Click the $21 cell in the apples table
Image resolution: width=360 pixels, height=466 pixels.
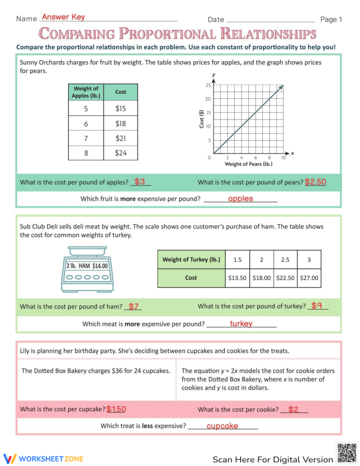pyautogui.click(x=120, y=138)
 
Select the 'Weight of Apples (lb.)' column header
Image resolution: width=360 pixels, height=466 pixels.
pyautogui.click(x=85, y=92)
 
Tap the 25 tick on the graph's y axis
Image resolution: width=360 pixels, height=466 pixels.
pyautogui.click(x=208, y=85)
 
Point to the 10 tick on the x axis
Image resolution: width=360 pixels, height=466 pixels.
pyautogui.click(x=283, y=157)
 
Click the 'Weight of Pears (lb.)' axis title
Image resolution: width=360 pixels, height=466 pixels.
pyautogui.click(x=248, y=164)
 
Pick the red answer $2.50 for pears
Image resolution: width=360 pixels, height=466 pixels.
pyautogui.click(x=315, y=182)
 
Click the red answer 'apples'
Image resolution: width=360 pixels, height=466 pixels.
pyautogui.click(x=240, y=199)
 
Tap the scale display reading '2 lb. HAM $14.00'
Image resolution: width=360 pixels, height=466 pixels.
pyautogui.click(x=87, y=266)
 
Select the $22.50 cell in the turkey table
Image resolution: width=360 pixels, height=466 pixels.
pyautogui.click(x=285, y=278)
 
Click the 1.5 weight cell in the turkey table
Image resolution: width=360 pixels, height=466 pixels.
pyautogui.click(x=237, y=260)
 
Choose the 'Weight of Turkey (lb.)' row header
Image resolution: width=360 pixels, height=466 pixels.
pyautogui.click(x=191, y=260)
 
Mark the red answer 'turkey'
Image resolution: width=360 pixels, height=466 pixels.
pyautogui.click(x=241, y=324)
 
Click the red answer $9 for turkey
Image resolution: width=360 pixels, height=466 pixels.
pyautogui.click(x=317, y=306)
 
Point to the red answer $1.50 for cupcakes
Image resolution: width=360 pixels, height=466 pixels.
pyautogui.click(x=116, y=409)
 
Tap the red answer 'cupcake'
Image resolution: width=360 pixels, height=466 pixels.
pyautogui.click(x=222, y=426)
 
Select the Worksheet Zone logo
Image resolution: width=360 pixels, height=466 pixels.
pyautogui.click(x=43, y=458)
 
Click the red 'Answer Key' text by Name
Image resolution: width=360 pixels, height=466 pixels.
pyautogui.click(x=63, y=17)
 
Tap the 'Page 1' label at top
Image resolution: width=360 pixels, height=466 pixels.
pyautogui.click(x=331, y=20)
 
